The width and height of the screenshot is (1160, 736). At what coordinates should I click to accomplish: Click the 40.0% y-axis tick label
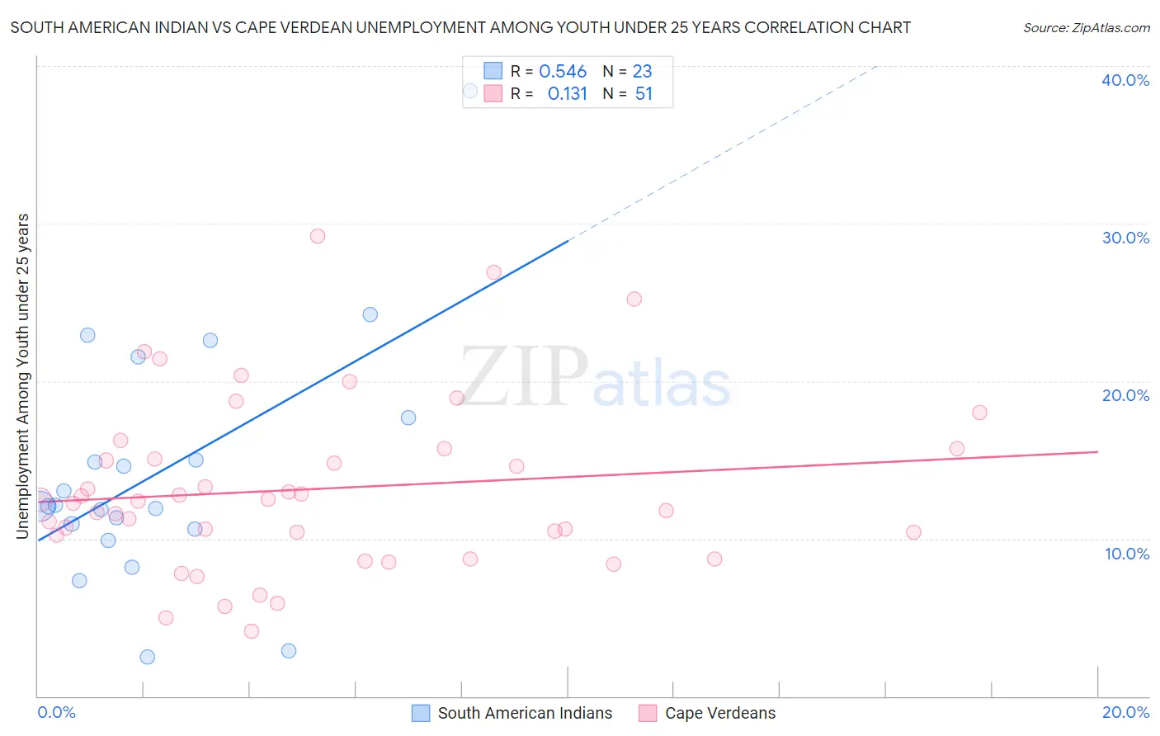pyautogui.click(x=1125, y=80)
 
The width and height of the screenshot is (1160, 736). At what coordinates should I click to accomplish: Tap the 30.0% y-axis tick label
pyautogui.click(x=1125, y=238)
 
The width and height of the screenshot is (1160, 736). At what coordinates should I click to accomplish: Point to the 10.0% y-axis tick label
pyautogui.click(x=1127, y=554)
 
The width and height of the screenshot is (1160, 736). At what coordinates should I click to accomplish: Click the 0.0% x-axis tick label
pyautogui.click(x=56, y=712)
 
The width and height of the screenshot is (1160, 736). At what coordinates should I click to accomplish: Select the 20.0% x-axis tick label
pyautogui.click(x=1125, y=712)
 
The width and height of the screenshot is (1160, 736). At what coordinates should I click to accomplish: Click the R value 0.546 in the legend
pyautogui.click(x=563, y=72)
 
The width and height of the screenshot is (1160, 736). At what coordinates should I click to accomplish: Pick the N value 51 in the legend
pyautogui.click(x=644, y=94)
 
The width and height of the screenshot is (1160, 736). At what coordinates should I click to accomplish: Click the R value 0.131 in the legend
pyautogui.click(x=568, y=94)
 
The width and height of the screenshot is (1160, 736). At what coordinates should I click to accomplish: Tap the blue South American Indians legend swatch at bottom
pyautogui.click(x=421, y=713)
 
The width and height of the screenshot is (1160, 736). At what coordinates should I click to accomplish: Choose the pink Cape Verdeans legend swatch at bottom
pyautogui.click(x=648, y=713)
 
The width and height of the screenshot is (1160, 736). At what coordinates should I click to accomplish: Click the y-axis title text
pyautogui.click(x=23, y=376)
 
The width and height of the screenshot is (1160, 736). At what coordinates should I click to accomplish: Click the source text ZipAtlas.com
pyautogui.click(x=1087, y=28)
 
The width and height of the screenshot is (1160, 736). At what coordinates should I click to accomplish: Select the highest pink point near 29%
pyautogui.click(x=318, y=236)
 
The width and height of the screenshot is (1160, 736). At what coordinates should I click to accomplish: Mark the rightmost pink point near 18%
pyautogui.click(x=979, y=413)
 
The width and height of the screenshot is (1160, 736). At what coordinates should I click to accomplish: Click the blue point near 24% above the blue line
pyautogui.click(x=370, y=314)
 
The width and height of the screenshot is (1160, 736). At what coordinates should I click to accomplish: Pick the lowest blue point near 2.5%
pyautogui.click(x=148, y=657)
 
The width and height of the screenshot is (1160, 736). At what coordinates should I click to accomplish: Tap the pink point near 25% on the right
pyautogui.click(x=634, y=300)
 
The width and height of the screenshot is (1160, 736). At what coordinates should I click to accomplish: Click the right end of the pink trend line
pyautogui.click(x=1097, y=452)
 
